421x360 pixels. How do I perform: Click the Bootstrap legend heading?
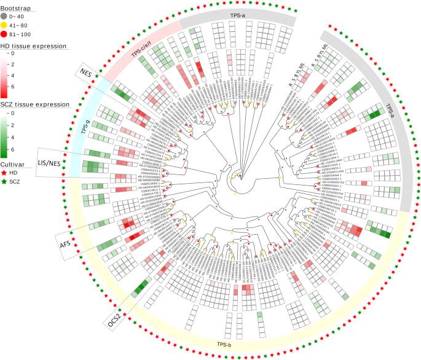tap(16, 5)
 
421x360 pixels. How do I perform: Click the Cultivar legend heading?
tap(14, 164)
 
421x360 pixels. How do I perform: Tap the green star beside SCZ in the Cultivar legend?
tap(6, 184)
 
